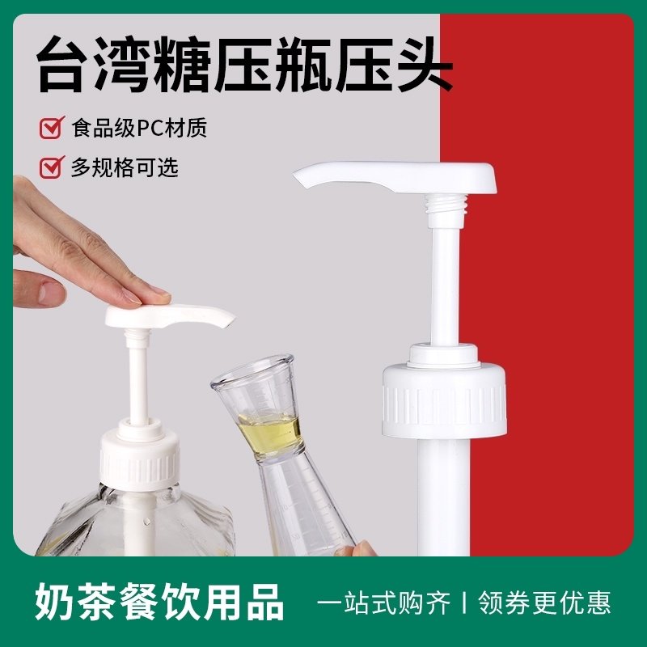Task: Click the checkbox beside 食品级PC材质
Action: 51,128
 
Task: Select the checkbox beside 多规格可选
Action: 51,167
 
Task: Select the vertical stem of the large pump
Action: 445,275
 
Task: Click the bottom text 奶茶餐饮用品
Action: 159,603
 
